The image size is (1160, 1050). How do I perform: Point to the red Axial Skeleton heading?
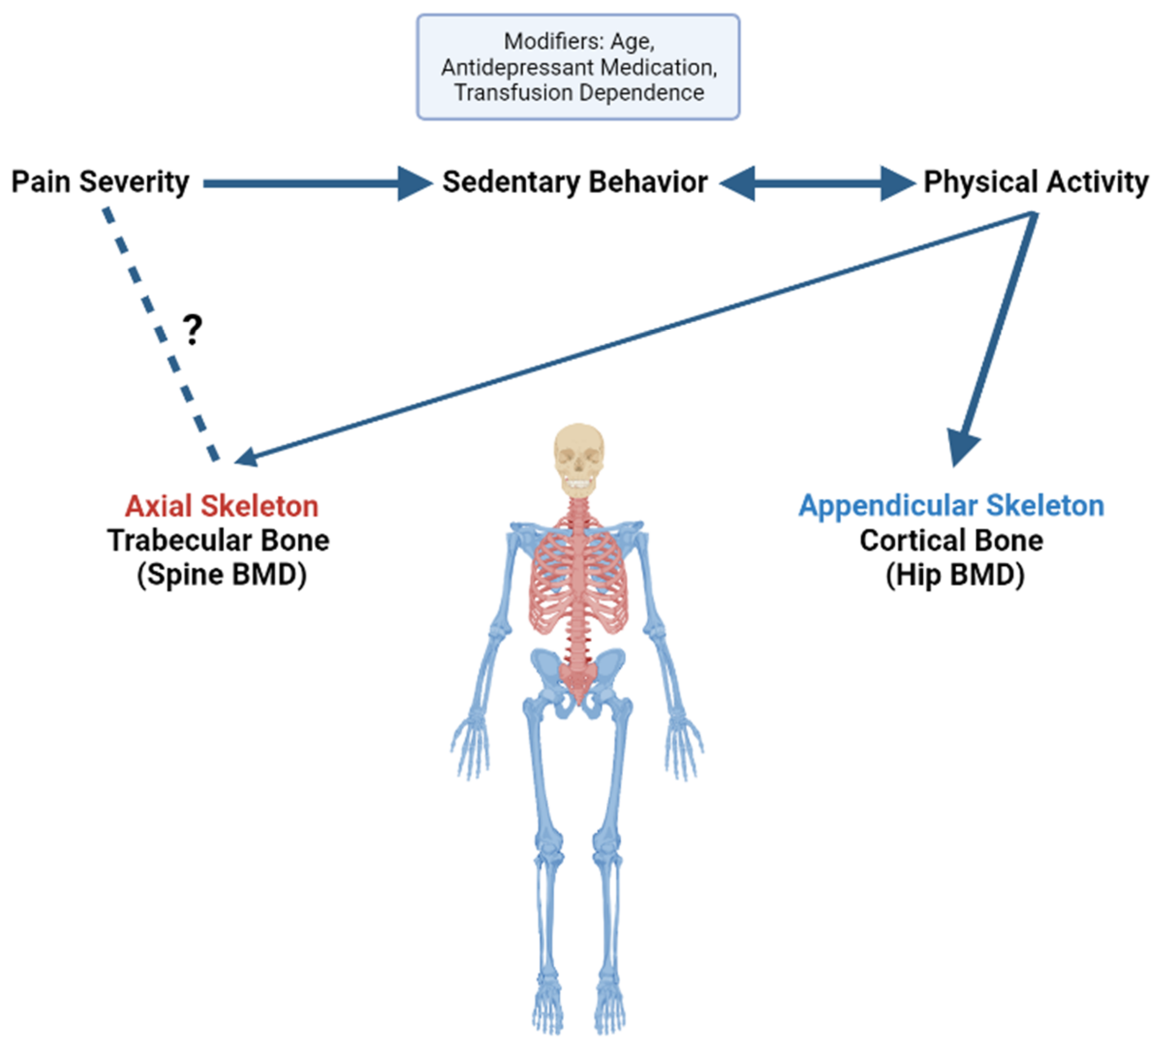[x=221, y=506]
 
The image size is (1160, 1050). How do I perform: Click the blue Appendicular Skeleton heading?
[x=951, y=506]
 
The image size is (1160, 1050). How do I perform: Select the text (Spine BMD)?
[x=221, y=574]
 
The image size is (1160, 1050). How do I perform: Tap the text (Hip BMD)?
[x=955, y=574]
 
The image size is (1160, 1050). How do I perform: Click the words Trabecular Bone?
[x=219, y=540]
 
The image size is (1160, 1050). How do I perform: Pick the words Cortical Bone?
[x=951, y=540]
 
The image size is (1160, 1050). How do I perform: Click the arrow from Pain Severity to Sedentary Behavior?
[x=311, y=183]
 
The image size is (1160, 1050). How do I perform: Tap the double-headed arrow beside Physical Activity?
[x=817, y=183]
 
